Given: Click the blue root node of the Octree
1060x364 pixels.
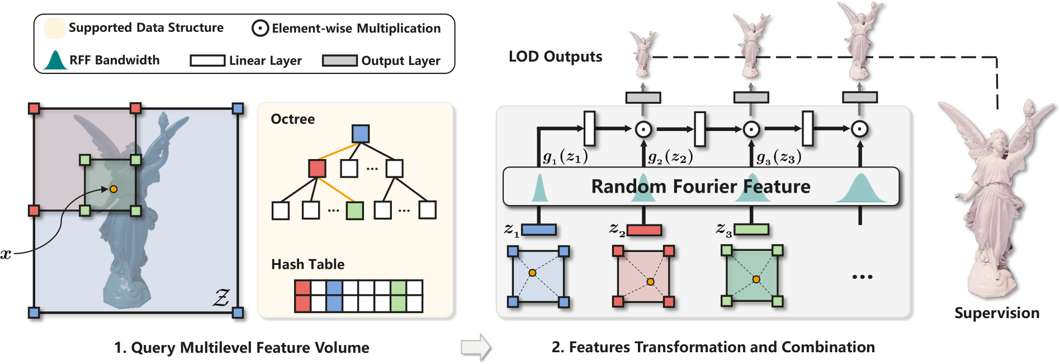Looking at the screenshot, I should [x=361, y=134].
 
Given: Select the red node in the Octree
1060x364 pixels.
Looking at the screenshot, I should [x=317, y=169].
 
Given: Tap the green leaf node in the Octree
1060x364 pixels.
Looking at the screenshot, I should [x=354, y=211].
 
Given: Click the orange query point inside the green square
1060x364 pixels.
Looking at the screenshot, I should [x=113, y=189].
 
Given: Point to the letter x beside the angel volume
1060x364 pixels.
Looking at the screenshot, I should [x=6, y=255].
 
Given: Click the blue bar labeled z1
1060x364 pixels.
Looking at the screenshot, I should [x=538, y=230].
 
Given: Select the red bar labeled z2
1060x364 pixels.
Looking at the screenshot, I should [x=644, y=230].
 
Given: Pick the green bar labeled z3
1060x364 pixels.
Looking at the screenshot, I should [x=751, y=230].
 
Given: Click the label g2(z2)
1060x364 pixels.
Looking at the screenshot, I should [x=670, y=158].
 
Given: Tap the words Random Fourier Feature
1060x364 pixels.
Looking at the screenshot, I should [x=701, y=186].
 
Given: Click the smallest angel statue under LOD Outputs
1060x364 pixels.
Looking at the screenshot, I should [x=643, y=54].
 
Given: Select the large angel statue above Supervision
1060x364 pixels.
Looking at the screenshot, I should [x=995, y=196].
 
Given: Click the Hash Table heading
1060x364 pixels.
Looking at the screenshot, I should [x=307, y=264].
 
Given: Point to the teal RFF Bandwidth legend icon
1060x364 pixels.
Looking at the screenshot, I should [x=55, y=60].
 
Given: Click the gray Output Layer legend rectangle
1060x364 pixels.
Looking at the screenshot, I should [x=339, y=60].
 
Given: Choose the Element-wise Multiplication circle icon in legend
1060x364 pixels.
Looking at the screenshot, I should [x=260, y=28].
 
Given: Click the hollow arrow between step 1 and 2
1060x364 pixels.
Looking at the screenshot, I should [x=476, y=347].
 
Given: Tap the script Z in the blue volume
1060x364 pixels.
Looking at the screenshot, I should [x=221, y=297].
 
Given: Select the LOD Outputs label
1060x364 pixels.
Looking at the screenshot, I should [x=555, y=57].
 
